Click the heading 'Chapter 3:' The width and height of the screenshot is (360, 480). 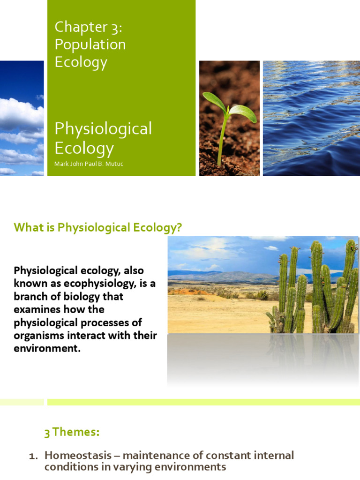click(x=88, y=27)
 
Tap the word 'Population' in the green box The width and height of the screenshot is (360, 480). click(x=90, y=45)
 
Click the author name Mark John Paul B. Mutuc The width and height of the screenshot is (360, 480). click(x=89, y=164)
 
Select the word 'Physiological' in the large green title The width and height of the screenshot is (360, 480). click(x=103, y=129)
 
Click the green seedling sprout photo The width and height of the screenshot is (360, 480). click(x=229, y=118)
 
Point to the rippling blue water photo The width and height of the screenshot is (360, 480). click(x=311, y=118)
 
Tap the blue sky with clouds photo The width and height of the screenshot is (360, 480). click(x=22, y=118)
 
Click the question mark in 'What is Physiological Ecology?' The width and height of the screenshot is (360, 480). click(x=179, y=228)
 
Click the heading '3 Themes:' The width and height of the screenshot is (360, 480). click(x=72, y=432)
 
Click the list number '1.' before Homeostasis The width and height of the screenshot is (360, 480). click(x=33, y=455)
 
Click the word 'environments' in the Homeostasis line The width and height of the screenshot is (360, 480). click(x=193, y=467)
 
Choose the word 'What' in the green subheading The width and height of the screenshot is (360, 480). click(x=25, y=228)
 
